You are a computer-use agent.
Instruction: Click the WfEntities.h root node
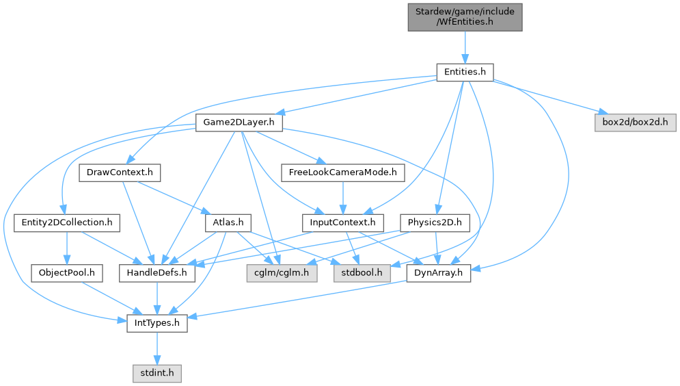465,16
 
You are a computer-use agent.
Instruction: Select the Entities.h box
465,72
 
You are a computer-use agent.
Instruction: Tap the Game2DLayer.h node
239,123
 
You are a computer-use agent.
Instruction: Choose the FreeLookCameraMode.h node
342,172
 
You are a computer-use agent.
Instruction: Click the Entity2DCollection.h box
67,222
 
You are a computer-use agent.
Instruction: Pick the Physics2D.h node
435,222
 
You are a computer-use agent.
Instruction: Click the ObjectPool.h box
67,273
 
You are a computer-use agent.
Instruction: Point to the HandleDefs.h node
157,273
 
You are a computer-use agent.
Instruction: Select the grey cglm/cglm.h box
277,273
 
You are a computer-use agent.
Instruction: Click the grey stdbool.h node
362,273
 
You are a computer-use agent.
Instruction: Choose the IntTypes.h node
157,323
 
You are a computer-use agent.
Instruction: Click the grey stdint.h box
157,373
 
